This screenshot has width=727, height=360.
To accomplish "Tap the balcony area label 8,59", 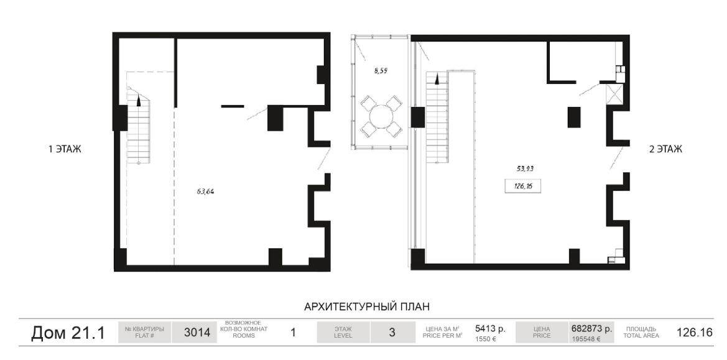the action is (x=380, y=71).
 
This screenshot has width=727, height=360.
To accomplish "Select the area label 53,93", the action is (x=525, y=168).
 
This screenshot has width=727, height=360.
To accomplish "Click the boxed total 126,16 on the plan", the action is (x=524, y=187).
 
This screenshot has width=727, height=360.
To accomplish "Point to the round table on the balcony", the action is (x=381, y=116).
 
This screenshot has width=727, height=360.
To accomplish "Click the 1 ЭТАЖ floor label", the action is (x=65, y=149).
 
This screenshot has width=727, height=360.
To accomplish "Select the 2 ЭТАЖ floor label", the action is (x=665, y=149).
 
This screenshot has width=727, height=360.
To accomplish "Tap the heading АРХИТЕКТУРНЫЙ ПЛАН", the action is (x=367, y=307).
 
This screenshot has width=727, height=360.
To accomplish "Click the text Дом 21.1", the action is (x=68, y=333).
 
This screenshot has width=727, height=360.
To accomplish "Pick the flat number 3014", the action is (x=197, y=333).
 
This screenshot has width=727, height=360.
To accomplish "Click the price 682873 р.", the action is (x=591, y=328).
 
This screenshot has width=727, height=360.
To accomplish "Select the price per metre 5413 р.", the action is (x=490, y=328).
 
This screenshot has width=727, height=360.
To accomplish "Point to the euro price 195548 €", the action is (x=586, y=339).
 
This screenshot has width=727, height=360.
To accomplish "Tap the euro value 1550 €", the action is (x=486, y=339).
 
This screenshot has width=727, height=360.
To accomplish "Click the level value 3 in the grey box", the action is (x=392, y=332).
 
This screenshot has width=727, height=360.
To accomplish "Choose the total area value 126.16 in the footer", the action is (x=694, y=333).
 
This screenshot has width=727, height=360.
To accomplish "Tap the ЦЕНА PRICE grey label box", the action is (x=542, y=332).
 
